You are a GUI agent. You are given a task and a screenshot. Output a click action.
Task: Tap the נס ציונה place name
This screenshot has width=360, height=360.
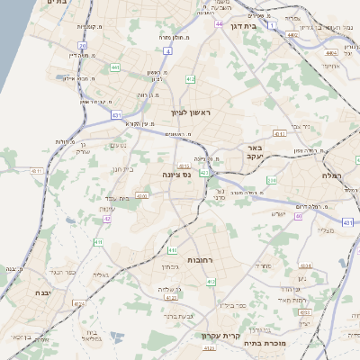[x=176, y=175]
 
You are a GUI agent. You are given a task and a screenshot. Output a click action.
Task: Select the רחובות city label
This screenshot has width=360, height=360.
[x=198, y=259]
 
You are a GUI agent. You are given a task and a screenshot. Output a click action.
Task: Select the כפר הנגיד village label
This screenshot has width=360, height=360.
[x=61, y=272]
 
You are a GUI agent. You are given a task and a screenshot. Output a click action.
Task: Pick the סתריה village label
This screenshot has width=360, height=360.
[x=263, y=266]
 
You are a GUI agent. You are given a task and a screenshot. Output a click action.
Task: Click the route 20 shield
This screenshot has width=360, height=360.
[x=82, y=45]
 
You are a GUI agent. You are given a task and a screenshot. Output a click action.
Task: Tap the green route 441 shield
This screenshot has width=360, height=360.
[x=115, y=67]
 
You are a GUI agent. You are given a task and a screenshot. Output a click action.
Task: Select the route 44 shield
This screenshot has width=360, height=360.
[x=218, y=23]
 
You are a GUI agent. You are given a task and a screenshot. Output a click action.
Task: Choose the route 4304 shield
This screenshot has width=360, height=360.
[x=304, y=266]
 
